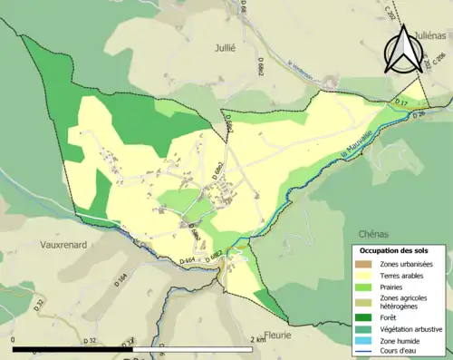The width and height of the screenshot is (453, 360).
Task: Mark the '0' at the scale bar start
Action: point(14,339)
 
